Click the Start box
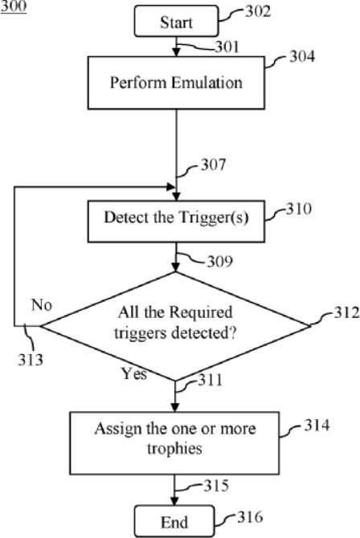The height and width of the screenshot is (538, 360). [x=176, y=21]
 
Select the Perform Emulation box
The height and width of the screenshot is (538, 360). [x=176, y=83]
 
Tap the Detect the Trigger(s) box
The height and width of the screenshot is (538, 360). [x=176, y=222]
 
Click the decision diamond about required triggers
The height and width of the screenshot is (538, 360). [x=175, y=326]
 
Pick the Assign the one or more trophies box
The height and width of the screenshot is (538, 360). [x=174, y=443]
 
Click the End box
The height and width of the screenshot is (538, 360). [x=174, y=521]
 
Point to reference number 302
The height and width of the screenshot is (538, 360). [x=258, y=11]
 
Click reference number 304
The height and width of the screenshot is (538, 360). [x=302, y=56]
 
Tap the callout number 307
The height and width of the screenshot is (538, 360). [x=214, y=165]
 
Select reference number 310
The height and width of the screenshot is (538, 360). [x=299, y=209]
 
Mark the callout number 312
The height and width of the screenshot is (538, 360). [x=346, y=312]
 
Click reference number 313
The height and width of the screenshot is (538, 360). [x=31, y=360]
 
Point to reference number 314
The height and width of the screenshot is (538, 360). [x=317, y=425]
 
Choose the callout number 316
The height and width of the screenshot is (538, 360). [x=250, y=517]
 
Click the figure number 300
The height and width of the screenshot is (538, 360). [x=14, y=6]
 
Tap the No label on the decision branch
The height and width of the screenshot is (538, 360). [x=42, y=304]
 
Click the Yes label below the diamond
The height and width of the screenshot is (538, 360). [x=134, y=373]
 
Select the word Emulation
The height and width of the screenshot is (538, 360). [x=207, y=83]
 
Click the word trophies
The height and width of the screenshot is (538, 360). [x=174, y=449]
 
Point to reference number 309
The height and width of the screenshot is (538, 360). [x=220, y=262]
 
